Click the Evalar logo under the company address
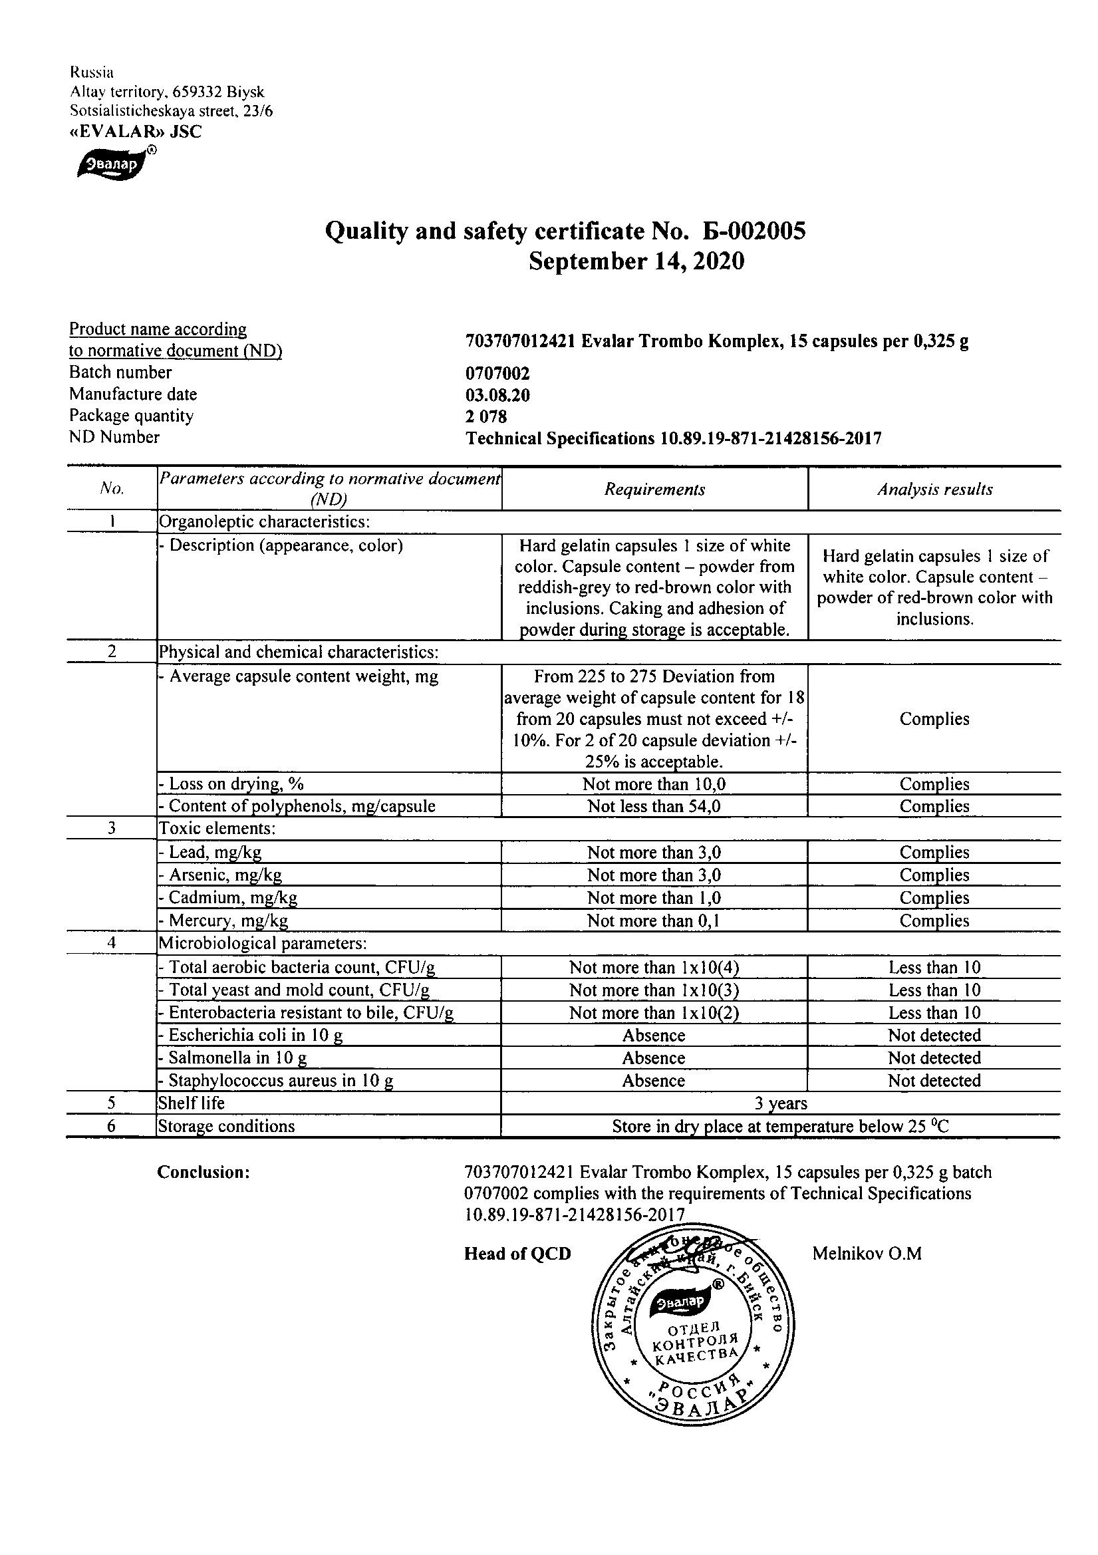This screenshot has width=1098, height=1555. pyautogui.click(x=111, y=164)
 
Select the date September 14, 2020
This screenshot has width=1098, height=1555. pyautogui.click(x=636, y=261)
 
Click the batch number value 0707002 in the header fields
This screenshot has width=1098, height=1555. pyautogui.click(x=497, y=374)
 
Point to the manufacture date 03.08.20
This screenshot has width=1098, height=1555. pyautogui.click(x=497, y=396)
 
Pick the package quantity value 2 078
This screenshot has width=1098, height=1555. pyautogui.click(x=485, y=417)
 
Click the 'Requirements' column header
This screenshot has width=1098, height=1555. pyautogui.click(x=654, y=490)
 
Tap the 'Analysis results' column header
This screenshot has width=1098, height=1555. pyautogui.click(x=935, y=490)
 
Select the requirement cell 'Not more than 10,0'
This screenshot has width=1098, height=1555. pyautogui.click(x=654, y=784)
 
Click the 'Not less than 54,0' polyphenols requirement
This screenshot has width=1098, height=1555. pyautogui.click(x=654, y=806)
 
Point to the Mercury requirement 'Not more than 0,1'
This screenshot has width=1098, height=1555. pyautogui.click(x=654, y=920)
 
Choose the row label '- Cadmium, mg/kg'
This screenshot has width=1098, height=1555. pyautogui.click(x=228, y=898)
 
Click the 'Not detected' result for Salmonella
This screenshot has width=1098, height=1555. pyautogui.click(x=934, y=1058)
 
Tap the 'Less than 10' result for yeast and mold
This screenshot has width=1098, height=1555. pyautogui.click(x=934, y=990)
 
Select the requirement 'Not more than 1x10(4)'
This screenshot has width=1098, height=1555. pyautogui.click(x=654, y=968)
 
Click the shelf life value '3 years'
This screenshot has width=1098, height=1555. pyautogui.click(x=780, y=1103)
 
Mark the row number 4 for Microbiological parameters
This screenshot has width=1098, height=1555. pyautogui.click(x=112, y=943)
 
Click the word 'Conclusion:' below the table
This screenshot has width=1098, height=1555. pyautogui.click(x=204, y=1173)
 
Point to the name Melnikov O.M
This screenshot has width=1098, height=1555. pyautogui.click(x=867, y=1254)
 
